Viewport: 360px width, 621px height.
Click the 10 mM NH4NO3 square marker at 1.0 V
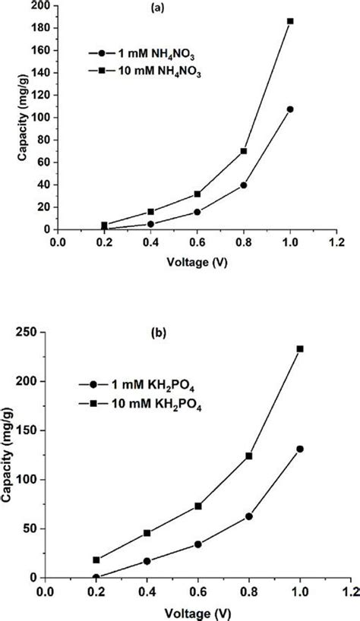tap(290, 21)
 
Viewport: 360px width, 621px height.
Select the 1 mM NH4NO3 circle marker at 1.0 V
tap(290, 109)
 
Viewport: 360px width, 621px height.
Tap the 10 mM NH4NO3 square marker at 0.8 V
tap(243, 151)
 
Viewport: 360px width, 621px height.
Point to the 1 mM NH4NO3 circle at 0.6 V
tap(197, 212)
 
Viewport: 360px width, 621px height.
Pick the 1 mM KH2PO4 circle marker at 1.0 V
tap(300, 449)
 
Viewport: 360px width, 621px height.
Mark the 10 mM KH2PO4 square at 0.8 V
tap(248, 456)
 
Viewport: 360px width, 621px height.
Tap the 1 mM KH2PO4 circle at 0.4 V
tap(147, 561)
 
